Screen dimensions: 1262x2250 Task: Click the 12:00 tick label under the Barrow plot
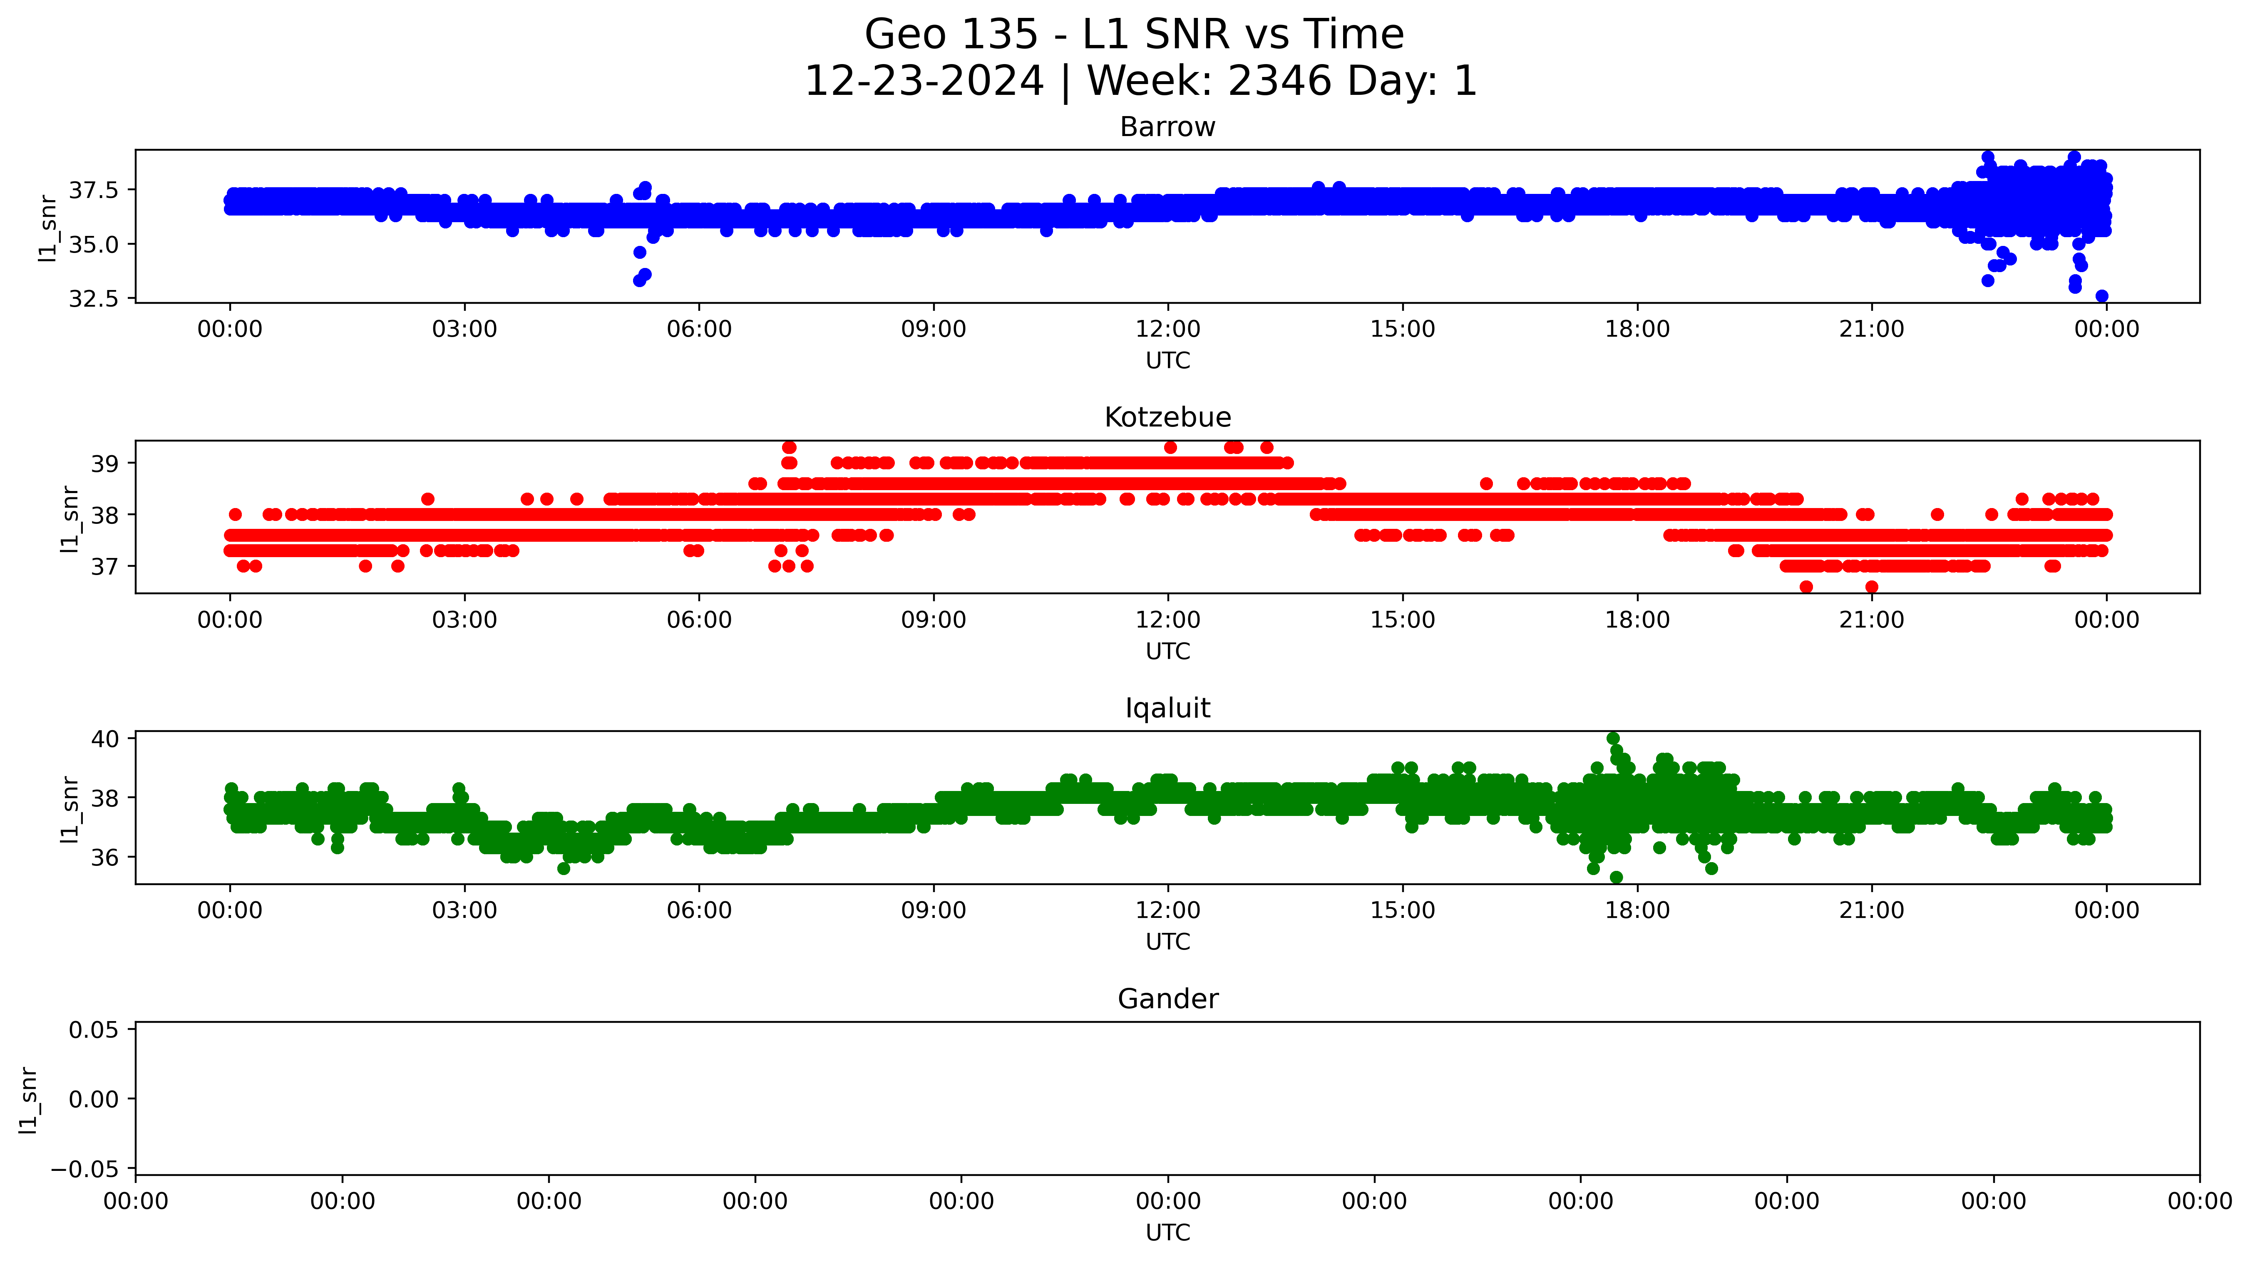click(x=1168, y=329)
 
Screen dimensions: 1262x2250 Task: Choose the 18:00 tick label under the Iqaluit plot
click(x=1637, y=911)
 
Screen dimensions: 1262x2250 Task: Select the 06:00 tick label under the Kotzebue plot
click(x=699, y=620)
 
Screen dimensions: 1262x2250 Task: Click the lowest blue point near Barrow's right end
click(x=2101, y=296)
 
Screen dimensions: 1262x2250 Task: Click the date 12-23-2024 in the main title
click(x=923, y=81)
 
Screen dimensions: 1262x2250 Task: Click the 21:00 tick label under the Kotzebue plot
click(x=1871, y=620)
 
